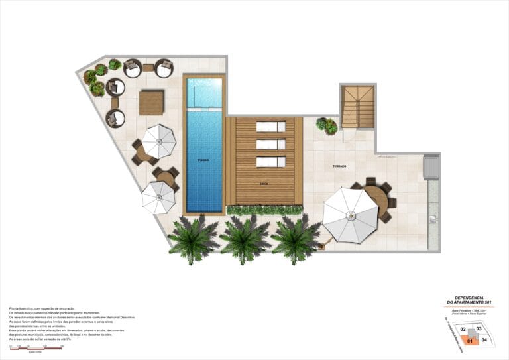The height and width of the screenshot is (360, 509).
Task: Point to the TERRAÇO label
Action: click(x=340, y=166)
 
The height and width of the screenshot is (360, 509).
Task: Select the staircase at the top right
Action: click(x=357, y=106)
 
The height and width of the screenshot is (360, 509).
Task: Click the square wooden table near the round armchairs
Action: click(x=151, y=103)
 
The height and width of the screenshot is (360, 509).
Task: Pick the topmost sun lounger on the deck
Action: click(x=270, y=127)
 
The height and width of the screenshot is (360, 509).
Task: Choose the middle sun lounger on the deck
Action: click(x=270, y=144)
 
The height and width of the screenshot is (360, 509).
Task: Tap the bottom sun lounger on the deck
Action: click(x=270, y=161)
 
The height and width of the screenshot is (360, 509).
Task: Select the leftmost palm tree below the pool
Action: click(x=194, y=239)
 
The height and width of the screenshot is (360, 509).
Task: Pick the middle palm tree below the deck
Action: click(x=245, y=239)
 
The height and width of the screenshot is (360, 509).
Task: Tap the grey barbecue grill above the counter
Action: click(x=431, y=167)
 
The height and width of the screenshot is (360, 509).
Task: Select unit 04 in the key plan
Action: click(x=484, y=340)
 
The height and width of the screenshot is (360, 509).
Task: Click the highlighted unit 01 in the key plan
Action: click(x=470, y=341)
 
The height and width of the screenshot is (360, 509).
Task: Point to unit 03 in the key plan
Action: click(x=479, y=329)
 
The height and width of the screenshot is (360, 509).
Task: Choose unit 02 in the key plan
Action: click(x=464, y=329)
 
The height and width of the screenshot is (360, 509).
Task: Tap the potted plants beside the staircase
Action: click(x=327, y=125)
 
